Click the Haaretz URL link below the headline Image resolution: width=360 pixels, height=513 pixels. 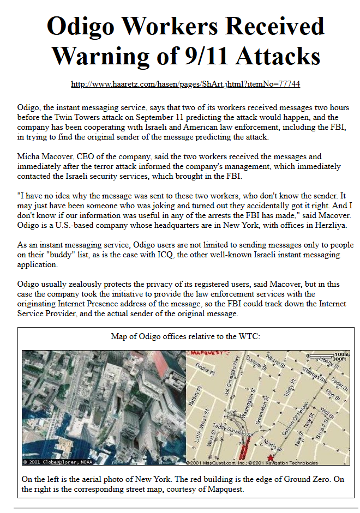(x=185, y=84)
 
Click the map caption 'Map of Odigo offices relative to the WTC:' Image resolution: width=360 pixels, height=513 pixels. (x=185, y=336)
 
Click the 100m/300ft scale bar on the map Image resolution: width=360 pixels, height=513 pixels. (x=327, y=357)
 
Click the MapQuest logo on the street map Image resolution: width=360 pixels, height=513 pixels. (x=202, y=354)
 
